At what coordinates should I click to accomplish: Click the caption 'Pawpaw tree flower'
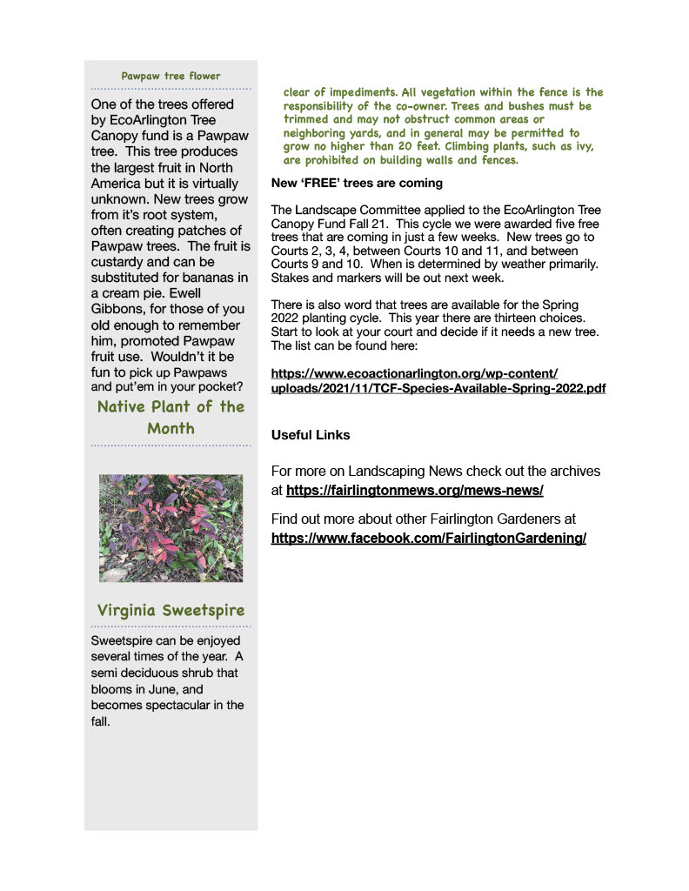pyautogui.click(x=171, y=76)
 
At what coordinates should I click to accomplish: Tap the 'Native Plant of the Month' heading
pyautogui.click(x=171, y=418)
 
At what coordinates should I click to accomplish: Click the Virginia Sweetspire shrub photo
pyautogui.click(x=171, y=528)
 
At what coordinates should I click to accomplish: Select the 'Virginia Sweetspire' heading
pyautogui.click(x=171, y=610)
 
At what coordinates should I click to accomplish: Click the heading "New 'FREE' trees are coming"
pyautogui.click(x=357, y=184)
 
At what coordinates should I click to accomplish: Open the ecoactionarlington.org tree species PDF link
pyautogui.click(x=438, y=380)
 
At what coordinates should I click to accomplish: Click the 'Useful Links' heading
pyautogui.click(x=311, y=434)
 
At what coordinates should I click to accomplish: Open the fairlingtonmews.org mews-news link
pyautogui.click(x=414, y=491)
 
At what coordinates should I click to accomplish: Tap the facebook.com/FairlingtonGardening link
pyautogui.click(x=428, y=538)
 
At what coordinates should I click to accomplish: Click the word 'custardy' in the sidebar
pyautogui.click(x=118, y=262)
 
